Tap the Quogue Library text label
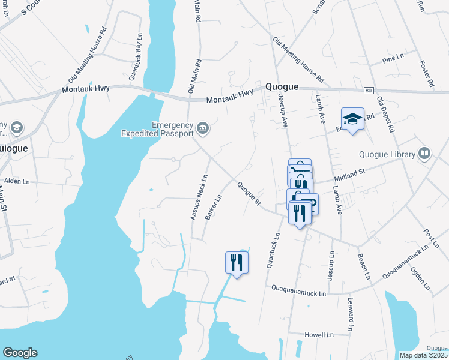pos(387,154)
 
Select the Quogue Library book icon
pos(425,154)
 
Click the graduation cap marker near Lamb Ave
pos(353,118)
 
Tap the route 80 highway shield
pos(368,90)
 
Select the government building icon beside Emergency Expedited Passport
pos(203,127)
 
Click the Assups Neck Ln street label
pos(198,197)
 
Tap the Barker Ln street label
pos(214,206)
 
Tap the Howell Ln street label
pos(319,334)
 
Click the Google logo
pos(20,353)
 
